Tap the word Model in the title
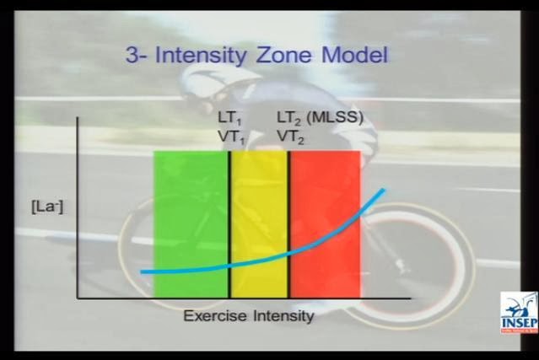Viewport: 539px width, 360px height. coord(354,55)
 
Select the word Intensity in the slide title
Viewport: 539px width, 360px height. coord(201,56)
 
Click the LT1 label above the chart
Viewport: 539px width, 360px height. coord(229,118)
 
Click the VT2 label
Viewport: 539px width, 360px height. coord(290,137)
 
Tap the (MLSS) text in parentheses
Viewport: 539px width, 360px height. coord(335,117)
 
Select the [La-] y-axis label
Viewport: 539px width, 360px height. coord(47,208)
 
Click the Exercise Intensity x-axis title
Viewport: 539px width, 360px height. coord(249,315)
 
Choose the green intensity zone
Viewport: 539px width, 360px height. coord(190,224)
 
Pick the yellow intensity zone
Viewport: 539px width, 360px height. coord(259,224)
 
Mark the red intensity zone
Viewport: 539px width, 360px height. coord(326,224)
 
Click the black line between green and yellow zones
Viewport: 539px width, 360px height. coord(229,224)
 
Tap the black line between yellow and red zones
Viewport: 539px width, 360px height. coord(289,224)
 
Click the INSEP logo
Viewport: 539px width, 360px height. coord(519,313)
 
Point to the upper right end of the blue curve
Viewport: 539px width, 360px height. coord(384,190)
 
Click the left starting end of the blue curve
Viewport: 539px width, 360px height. coord(142,271)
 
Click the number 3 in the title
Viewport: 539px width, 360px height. coord(132,56)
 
